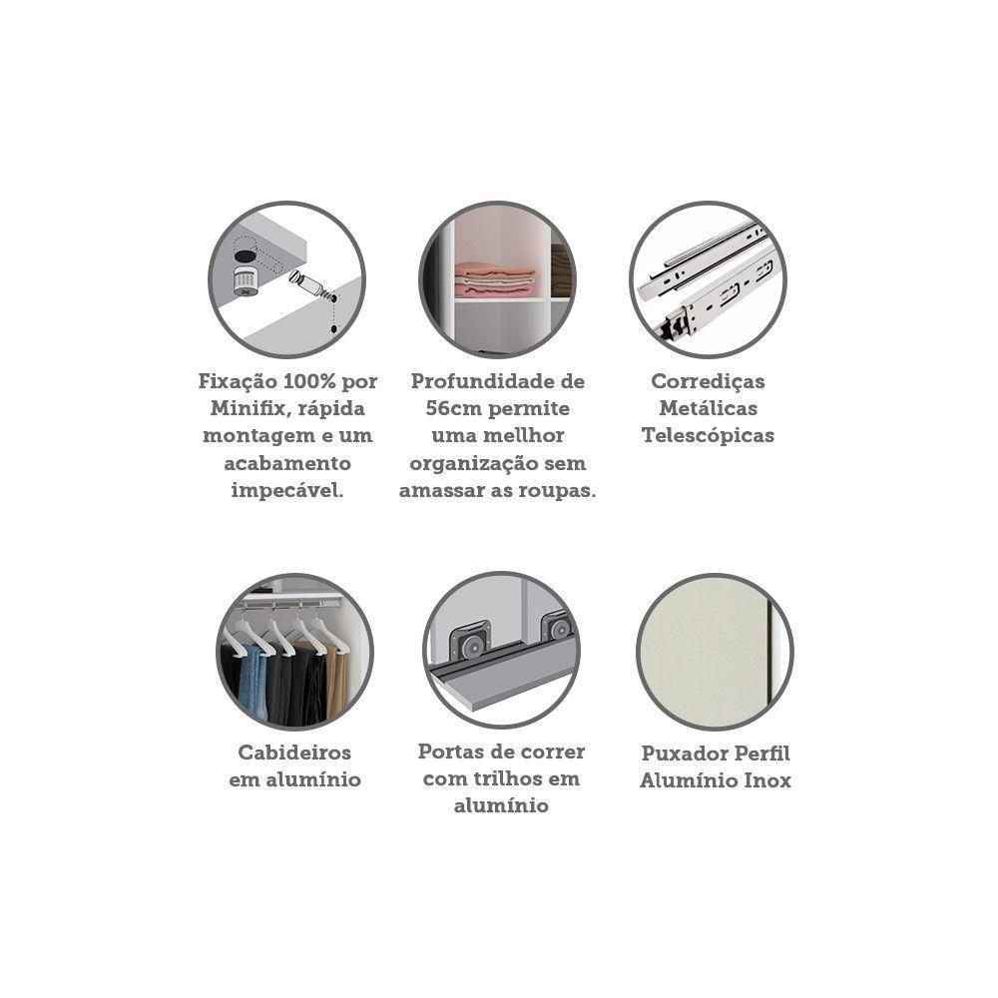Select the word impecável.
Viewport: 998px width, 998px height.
coord(287,491)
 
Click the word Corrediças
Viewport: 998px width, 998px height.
coord(708,382)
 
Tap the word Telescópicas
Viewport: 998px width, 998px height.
coord(708,436)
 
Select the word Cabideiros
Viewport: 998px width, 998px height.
coord(294,752)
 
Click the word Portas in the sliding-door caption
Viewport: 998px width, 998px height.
coord(448,751)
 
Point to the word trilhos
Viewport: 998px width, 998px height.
coord(518,779)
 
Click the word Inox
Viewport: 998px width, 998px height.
coord(768,780)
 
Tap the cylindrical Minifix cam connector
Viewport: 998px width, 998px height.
coord(246,280)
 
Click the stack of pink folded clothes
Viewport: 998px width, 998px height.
coord(495,278)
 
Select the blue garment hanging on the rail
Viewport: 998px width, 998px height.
coord(253,681)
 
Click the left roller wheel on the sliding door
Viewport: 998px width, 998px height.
coord(470,644)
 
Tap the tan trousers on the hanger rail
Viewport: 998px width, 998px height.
coord(335,678)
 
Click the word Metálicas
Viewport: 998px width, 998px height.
coord(708,408)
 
